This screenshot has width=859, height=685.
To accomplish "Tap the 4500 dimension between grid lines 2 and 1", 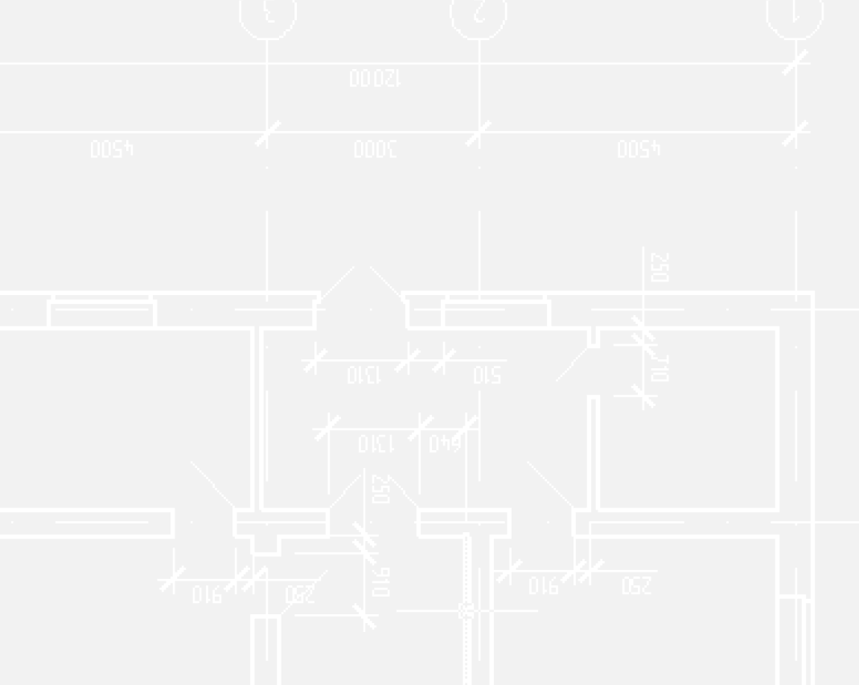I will pyautogui.click(x=639, y=150).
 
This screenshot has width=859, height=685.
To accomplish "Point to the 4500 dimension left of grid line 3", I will pyautogui.click(x=112, y=150).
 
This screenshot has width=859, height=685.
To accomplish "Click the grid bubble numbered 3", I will pyautogui.click(x=268, y=14).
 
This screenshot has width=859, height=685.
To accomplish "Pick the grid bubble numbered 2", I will pyautogui.click(x=479, y=14).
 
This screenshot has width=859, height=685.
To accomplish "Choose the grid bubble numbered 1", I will pyautogui.click(x=795, y=14).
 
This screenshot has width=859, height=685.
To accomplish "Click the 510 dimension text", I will pyautogui.click(x=487, y=375).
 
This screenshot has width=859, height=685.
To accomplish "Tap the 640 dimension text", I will pyautogui.click(x=445, y=443).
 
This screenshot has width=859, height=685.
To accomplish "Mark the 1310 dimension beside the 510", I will pyautogui.click(x=363, y=375).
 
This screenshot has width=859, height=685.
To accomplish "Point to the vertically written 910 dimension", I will pyautogui.click(x=382, y=581).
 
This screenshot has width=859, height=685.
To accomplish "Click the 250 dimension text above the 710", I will pyautogui.click(x=660, y=268).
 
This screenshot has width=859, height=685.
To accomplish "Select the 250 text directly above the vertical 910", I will pyautogui.click(x=381, y=489).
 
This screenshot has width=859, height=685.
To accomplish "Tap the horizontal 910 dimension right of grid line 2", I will pyautogui.click(x=543, y=586).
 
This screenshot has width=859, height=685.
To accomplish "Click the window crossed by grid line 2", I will pyautogui.click(x=496, y=311).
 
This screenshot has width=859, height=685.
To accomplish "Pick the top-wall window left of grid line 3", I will pyautogui.click(x=102, y=311).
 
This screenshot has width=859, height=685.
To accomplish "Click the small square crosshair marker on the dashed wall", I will pyautogui.click(x=465, y=611).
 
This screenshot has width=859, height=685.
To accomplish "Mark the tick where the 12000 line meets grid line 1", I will pyautogui.click(x=795, y=63).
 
